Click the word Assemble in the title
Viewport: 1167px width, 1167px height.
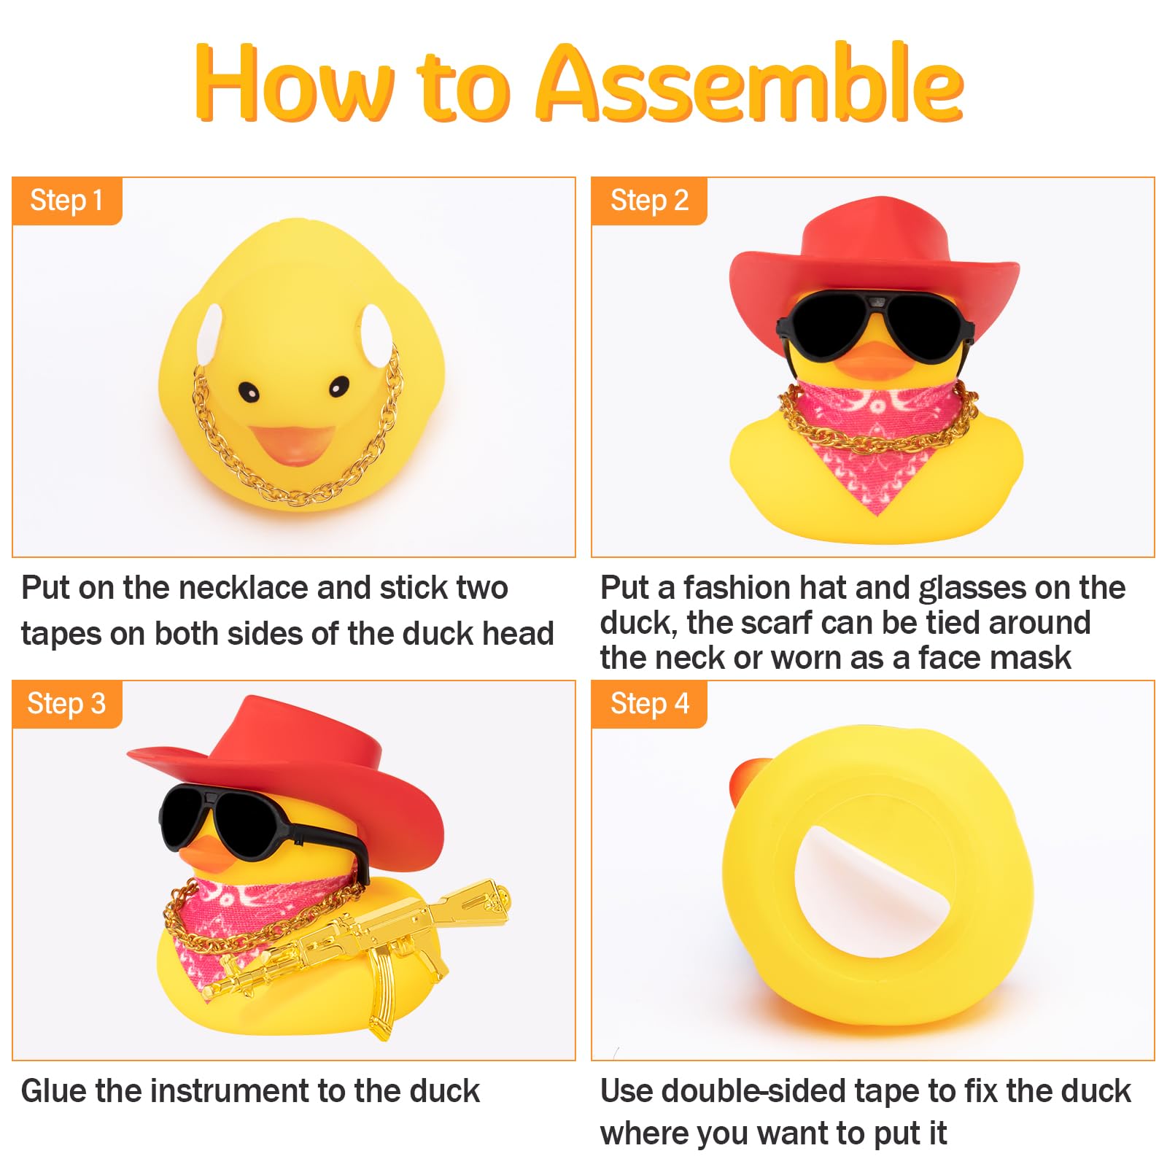click(x=751, y=84)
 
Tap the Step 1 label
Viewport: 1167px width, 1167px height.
click(x=66, y=201)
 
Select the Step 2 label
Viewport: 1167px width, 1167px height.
click(x=649, y=201)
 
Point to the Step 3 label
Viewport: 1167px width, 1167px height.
click(x=66, y=704)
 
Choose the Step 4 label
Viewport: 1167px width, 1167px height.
click(x=649, y=704)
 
